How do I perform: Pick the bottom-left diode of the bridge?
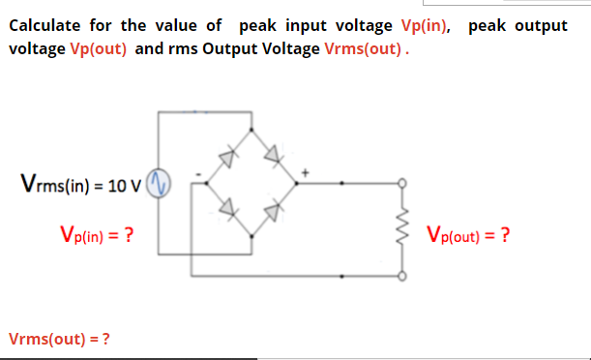(228, 205)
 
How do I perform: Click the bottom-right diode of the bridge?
(274, 205)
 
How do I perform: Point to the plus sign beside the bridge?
(306, 171)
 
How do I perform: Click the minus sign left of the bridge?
(197, 174)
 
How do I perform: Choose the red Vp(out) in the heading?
(100, 47)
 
